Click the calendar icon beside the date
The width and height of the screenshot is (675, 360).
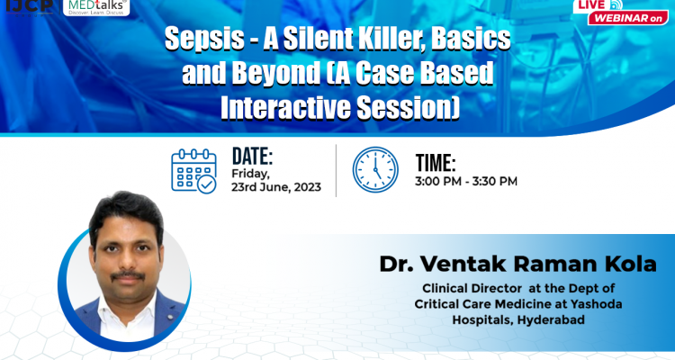(193, 171)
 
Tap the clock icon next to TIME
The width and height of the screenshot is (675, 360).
(375, 170)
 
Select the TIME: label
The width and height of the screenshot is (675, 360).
(436, 164)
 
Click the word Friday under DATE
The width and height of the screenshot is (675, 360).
(249, 172)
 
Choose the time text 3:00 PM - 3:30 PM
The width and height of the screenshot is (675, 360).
(466, 182)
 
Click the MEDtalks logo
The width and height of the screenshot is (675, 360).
(97, 8)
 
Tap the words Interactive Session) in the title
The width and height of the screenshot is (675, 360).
(340, 106)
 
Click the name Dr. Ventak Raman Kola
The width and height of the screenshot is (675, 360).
(493, 265)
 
